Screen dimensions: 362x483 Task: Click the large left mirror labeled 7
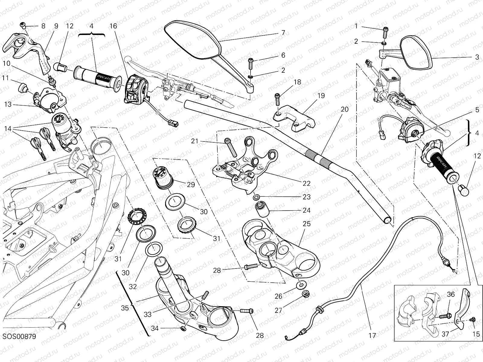[193, 40]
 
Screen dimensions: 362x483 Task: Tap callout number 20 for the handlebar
[344, 110]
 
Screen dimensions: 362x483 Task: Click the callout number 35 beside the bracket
[125, 308]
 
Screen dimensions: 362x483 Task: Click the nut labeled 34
[183, 328]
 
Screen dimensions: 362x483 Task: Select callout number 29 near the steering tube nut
[190, 185]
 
